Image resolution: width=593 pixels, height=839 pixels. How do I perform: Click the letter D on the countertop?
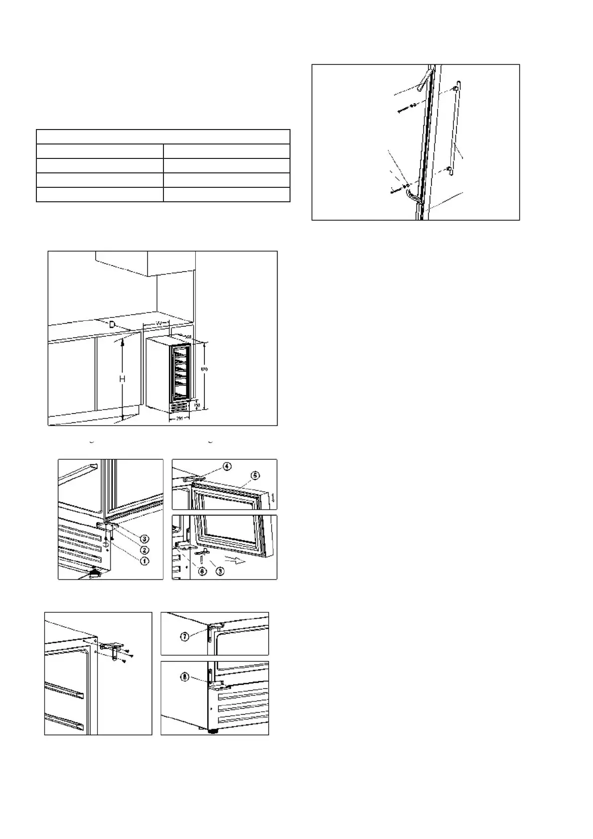click(113, 324)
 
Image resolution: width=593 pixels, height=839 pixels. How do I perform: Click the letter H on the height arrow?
click(122, 379)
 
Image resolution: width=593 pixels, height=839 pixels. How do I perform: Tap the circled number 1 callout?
click(145, 561)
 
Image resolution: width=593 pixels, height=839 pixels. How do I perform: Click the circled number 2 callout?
click(145, 550)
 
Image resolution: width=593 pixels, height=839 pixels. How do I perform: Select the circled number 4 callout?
click(227, 467)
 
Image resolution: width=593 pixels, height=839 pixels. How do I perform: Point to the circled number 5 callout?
click(255, 475)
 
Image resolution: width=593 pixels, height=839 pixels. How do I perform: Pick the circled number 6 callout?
click(202, 571)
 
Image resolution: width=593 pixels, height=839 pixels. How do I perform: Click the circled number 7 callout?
click(184, 637)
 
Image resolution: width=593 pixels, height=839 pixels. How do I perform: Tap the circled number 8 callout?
click(184, 678)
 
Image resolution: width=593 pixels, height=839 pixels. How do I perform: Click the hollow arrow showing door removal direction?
click(241, 560)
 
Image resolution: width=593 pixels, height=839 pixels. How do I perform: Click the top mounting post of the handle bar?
click(455, 89)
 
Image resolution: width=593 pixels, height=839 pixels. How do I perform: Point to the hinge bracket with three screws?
click(115, 650)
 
